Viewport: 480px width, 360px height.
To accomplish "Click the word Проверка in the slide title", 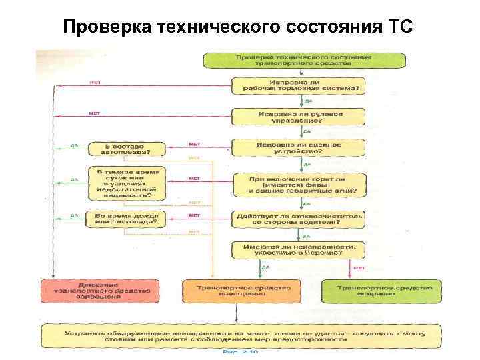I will [x=107, y=27].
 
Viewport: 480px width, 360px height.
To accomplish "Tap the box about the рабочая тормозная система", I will [x=298, y=86].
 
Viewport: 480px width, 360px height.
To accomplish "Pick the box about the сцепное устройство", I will [x=298, y=147].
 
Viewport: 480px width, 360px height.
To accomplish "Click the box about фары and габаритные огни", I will [x=298, y=183].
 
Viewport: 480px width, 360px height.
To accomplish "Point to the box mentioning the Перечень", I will [x=298, y=250].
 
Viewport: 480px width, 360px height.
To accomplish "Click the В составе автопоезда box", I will [x=127, y=148].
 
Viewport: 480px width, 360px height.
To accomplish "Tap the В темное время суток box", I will [x=127, y=183].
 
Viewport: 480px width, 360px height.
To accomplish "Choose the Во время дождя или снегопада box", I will [x=127, y=219].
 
